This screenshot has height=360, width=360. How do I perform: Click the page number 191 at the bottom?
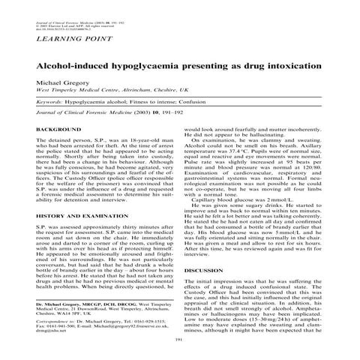179,340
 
